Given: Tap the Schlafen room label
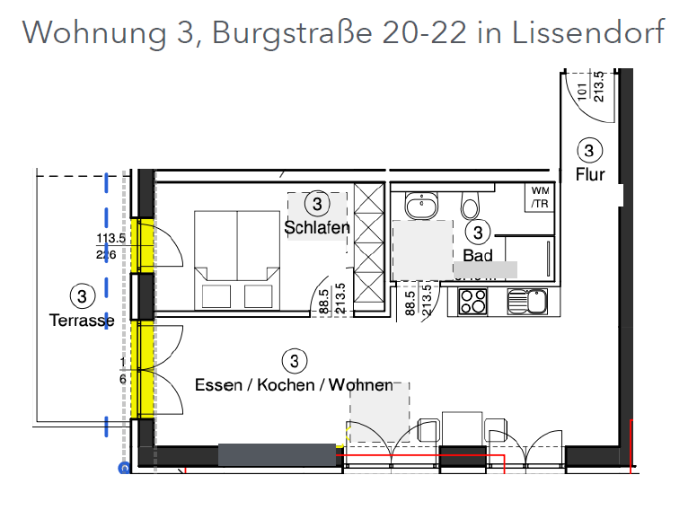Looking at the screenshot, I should click(317, 227).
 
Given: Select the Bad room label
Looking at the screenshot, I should click(478, 256).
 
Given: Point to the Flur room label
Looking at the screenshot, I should click(590, 174).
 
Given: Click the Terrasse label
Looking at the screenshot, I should click(82, 320).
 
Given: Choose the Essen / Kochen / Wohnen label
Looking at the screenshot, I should click(294, 385).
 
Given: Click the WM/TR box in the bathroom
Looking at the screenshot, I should click(540, 198).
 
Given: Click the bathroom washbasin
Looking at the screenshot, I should click(419, 207).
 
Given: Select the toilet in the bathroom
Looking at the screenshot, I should click(470, 205).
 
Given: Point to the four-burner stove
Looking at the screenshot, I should click(472, 302).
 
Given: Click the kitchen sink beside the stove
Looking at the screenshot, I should click(525, 302).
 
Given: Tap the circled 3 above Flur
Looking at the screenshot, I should click(589, 151).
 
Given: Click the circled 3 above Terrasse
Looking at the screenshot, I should click(82, 295).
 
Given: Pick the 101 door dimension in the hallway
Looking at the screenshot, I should click(582, 91).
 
